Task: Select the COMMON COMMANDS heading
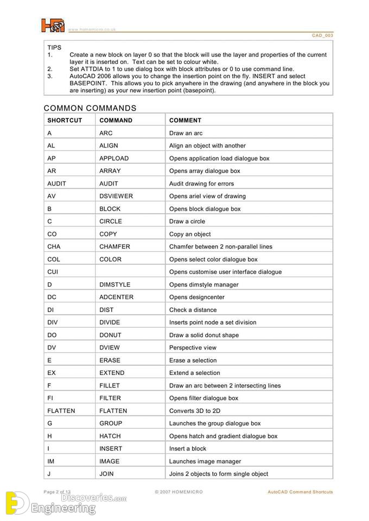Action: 90,108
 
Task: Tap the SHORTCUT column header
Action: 65,120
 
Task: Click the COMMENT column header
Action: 185,120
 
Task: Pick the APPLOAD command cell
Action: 114,158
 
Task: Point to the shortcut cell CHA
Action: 54,246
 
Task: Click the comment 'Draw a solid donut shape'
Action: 203,335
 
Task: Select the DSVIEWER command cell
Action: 116,196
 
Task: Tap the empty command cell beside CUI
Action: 130,272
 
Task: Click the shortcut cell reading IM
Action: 51,461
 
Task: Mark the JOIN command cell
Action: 106,474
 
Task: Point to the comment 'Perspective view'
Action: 193,347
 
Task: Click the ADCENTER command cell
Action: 116,297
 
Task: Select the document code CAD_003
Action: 322,35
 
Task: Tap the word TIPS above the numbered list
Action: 54,48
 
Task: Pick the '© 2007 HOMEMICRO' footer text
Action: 180,492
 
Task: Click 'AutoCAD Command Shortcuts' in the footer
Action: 300,492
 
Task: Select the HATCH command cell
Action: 110,436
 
